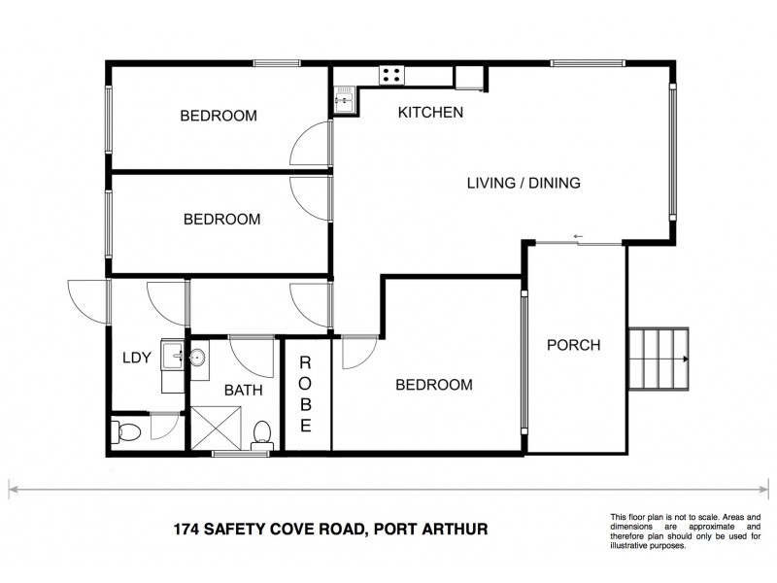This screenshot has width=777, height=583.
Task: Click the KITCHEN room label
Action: [430, 113]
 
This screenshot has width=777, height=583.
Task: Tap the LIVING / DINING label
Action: [524, 183]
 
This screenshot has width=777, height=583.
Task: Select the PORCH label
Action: [573, 345]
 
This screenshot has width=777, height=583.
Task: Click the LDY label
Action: [136, 358]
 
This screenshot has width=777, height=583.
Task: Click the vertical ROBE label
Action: [305, 394]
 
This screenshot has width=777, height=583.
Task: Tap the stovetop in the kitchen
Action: [392, 74]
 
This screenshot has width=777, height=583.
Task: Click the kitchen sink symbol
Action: [344, 100]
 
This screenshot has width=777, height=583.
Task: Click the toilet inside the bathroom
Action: [261, 434]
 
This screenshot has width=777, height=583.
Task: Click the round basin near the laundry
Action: [195, 357]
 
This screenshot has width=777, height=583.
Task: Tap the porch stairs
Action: [659, 359]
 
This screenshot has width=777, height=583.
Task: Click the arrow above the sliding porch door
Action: [578, 236]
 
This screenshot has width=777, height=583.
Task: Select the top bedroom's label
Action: [219, 116]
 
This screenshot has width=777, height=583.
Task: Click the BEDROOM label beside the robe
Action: [433, 385]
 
